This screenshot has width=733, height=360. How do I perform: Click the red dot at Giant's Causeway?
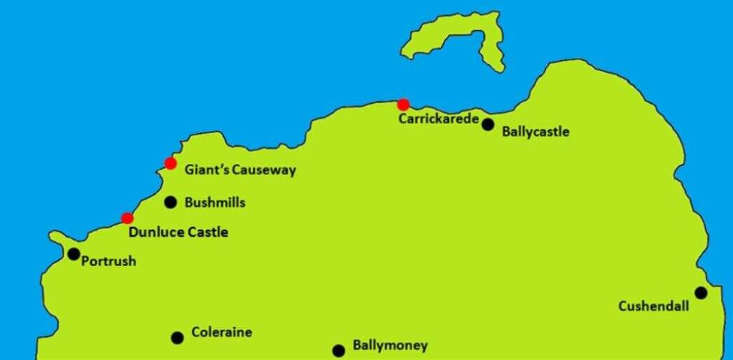[170, 163]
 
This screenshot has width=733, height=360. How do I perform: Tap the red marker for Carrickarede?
[404, 104]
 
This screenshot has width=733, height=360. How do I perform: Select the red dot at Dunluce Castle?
[127, 218]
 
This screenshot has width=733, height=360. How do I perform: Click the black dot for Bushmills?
[170, 203]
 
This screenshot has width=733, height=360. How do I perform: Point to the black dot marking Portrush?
[74, 254]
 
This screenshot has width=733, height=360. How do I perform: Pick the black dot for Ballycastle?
[487, 125]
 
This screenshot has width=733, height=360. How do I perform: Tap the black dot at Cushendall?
[701, 293]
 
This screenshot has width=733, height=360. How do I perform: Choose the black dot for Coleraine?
[178, 338]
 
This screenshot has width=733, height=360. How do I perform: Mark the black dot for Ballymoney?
[339, 351]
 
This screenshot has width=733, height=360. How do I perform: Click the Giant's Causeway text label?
[240, 170]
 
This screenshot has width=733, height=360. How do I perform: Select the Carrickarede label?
[438, 119]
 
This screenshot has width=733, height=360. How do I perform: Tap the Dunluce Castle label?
[178, 232]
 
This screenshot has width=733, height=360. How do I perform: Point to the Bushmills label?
[215, 203]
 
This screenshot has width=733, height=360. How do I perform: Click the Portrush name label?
[109, 261]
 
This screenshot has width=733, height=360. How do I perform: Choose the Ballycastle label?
[536, 132]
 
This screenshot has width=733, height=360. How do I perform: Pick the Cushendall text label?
[654, 307]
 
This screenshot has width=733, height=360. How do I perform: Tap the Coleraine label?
[222, 333]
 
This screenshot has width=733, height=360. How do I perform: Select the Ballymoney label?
[390, 346]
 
